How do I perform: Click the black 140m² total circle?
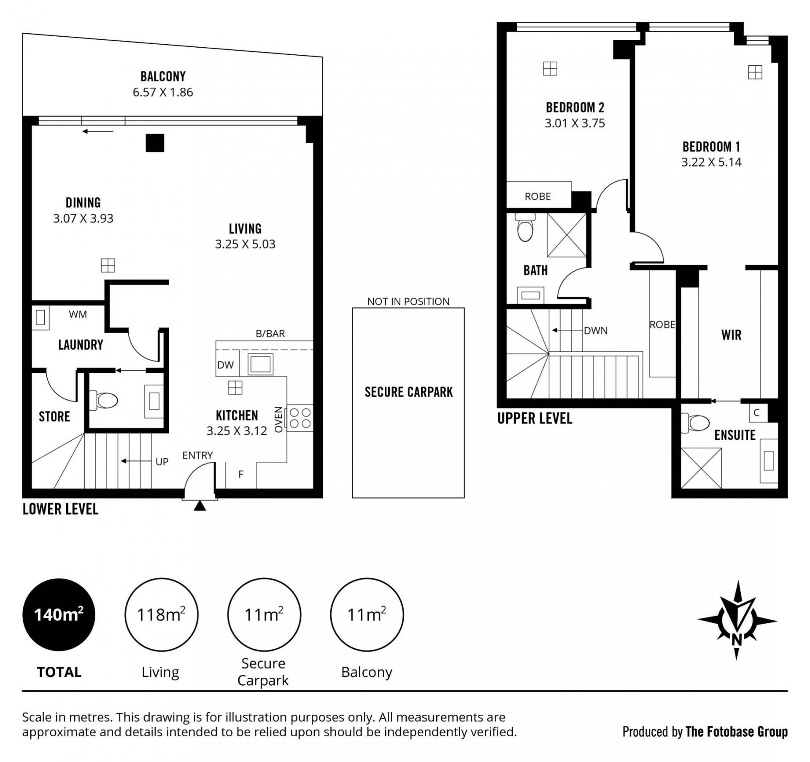pyautogui.click(x=59, y=614)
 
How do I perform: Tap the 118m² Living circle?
pyautogui.click(x=161, y=614)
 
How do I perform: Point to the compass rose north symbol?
pyautogui.click(x=737, y=620)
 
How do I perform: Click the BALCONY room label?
pyautogui.click(x=163, y=76)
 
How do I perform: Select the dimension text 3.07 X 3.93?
pyautogui.click(x=83, y=218)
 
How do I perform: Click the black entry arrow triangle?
pyautogui.click(x=200, y=506)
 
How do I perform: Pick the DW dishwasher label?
pyautogui.click(x=225, y=365)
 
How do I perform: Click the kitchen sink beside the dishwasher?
pyautogui.click(x=260, y=364)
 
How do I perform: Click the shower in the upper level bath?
pyautogui.click(x=567, y=234)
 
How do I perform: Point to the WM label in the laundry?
pyautogui.click(x=78, y=314)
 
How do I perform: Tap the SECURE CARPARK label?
pyautogui.click(x=408, y=392)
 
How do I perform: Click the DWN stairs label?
pyautogui.click(x=596, y=331)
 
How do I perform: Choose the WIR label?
pyautogui.click(x=731, y=335)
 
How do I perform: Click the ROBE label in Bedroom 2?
pyautogui.click(x=537, y=197)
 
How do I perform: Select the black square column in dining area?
pyautogui.click(x=155, y=143)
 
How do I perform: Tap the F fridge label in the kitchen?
pyautogui.click(x=241, y=474)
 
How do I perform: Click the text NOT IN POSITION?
pyautogui.click(x=408, y=302)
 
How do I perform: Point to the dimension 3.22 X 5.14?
pyautogui.click(x=711, y=162)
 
